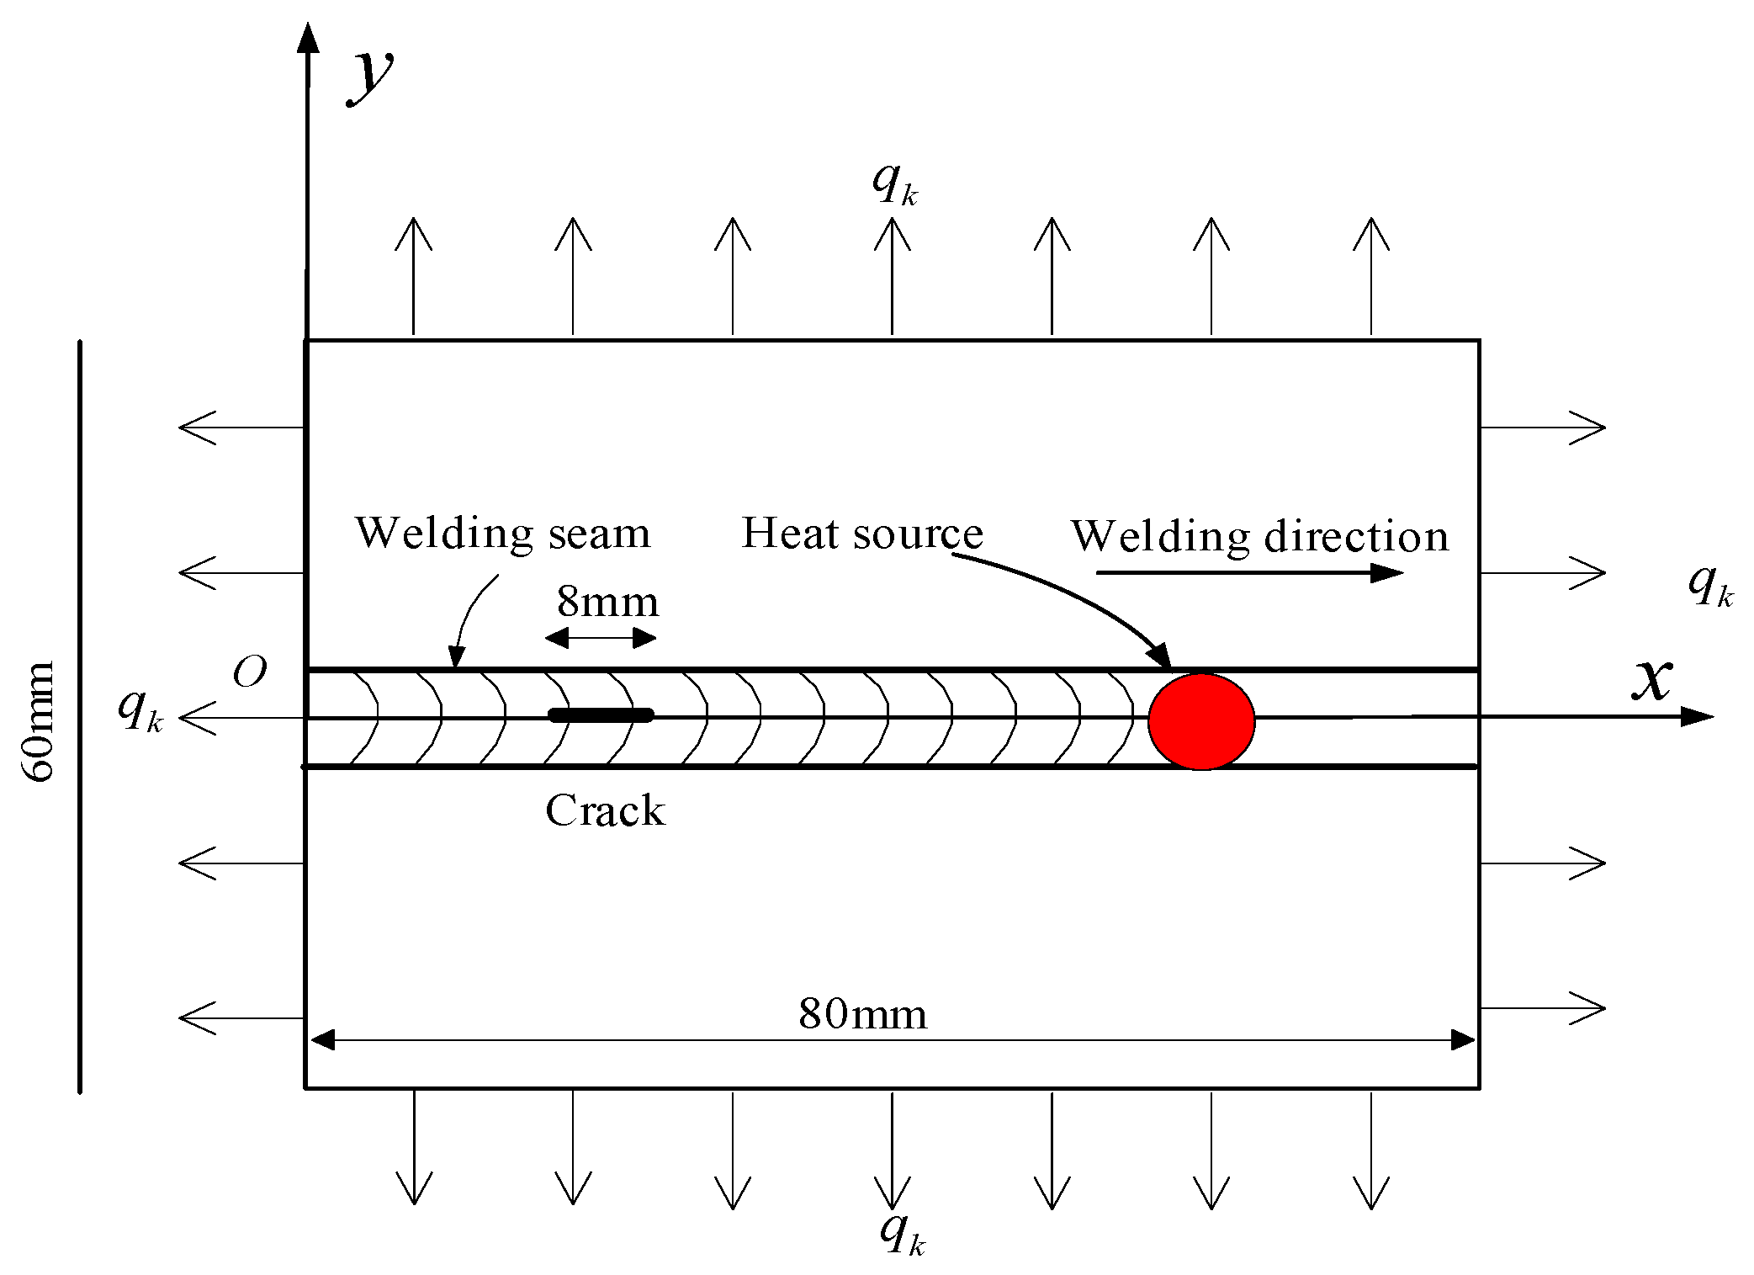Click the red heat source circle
click(x=1201, y=721)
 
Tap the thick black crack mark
click(x=601, y=715)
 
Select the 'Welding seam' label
click(x=503, y=534)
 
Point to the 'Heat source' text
click(x=861, y=534)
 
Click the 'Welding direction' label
click(x=1259, y=537)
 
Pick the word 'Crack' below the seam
click(x=605, y=811)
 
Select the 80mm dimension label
click(x=862, y=1014)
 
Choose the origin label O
click(x=250, y=672)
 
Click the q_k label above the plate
click(x=894, y=183)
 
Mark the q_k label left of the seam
click(x=140, y=711)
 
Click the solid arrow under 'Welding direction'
click(x=1249, y=573)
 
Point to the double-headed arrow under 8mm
click(x=601, y=639)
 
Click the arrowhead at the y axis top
click(x=309, y=38)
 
